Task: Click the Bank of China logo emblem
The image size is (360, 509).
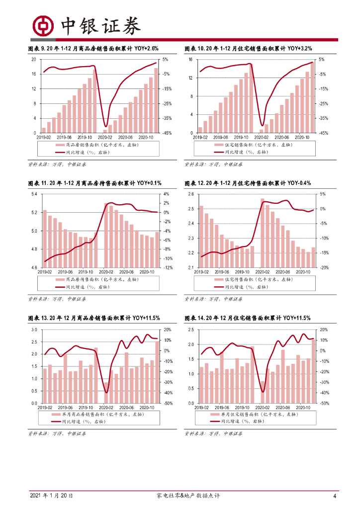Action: click(x=43, y=26)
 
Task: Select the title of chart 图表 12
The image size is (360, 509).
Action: click(x=247, y=183)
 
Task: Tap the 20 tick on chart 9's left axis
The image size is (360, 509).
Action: click(x=34, y=60)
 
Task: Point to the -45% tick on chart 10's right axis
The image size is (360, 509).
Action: click(x=322, y=133)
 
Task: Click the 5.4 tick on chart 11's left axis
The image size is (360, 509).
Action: click(x=33, y=194)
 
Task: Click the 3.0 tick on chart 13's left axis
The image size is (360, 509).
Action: click(x=33, y=330)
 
